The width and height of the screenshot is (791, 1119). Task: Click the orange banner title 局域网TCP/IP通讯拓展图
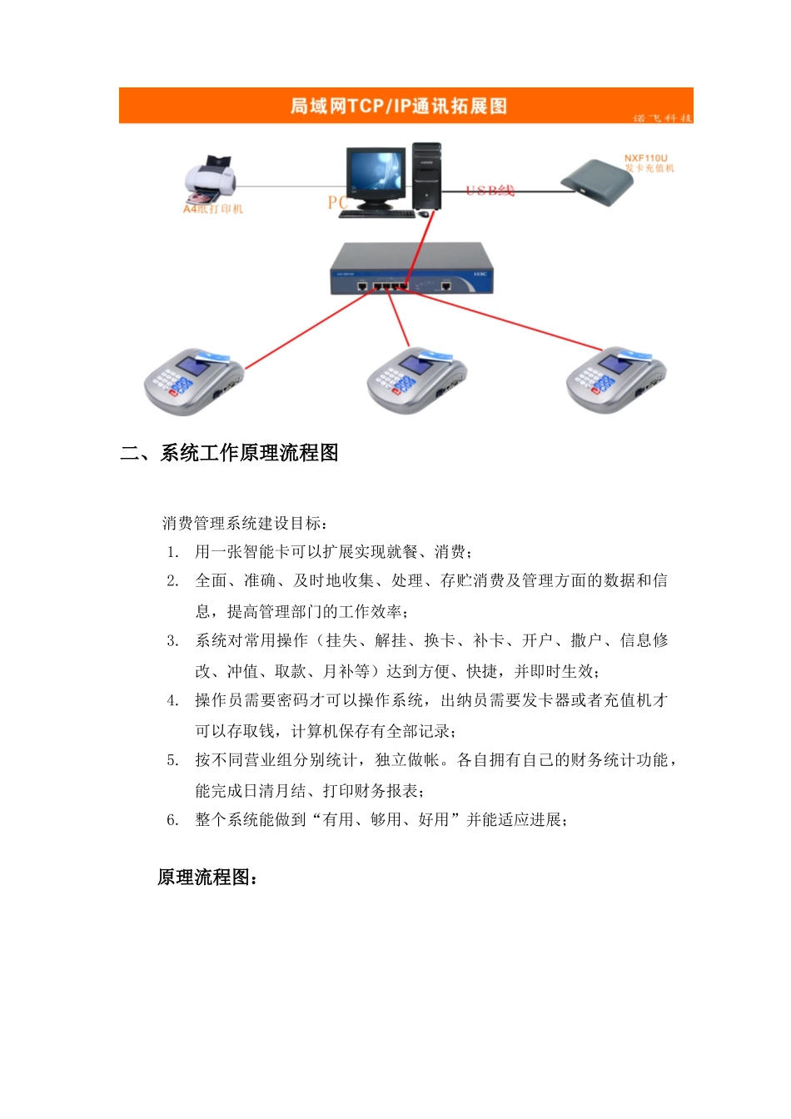click(x=398, y=106)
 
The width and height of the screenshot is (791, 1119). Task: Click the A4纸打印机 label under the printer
click(x=213, y=209)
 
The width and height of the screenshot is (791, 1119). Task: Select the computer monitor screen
click(x=375, y=172)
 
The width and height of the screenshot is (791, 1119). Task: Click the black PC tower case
click(x=426, y=176)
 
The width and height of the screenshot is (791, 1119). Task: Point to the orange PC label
click(x=337, y=202)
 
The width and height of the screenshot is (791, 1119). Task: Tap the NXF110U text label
click(x=646, y=158)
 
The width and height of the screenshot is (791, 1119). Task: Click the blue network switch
click(x=411, y=268)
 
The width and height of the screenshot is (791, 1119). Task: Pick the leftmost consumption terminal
click(x=192, y=381)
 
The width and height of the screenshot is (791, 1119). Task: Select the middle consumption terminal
click(x=416, y=380)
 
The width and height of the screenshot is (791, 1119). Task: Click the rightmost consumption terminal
click(x=615, y=380)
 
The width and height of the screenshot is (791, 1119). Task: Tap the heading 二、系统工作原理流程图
click(x=230, y=453)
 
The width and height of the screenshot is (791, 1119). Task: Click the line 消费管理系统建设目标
click(x=245, y=523)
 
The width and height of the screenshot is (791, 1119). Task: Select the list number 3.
click(x=172, y=640)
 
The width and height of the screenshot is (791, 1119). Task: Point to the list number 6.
click(x=172, y=820)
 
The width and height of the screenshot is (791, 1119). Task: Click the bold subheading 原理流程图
click(x=207, y=878)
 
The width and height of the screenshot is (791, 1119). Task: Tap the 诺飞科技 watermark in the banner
click(x=662, y=117)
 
